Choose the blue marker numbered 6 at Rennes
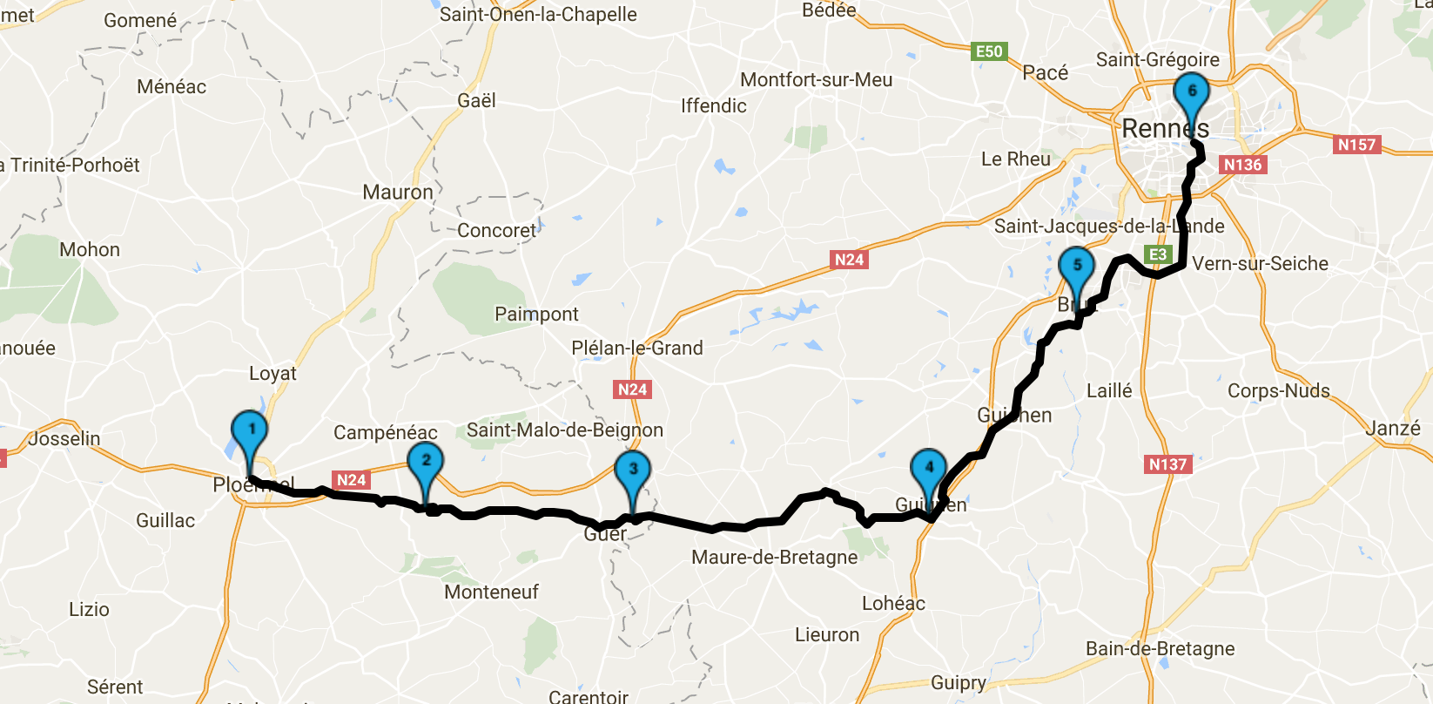[1191, 94]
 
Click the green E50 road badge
[989, 51]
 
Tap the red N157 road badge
[1356, 145]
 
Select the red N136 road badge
[1242, 165]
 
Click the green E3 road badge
[1158, 254]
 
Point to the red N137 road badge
[1167, 464]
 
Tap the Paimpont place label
[536, 314]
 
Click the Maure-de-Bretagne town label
[774, 558]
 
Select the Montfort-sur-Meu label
[816, 80]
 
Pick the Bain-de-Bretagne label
[1160, 648]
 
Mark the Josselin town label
[64, 438]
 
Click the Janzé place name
[1392, 428]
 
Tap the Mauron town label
[398, 192]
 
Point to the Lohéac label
[893, 603]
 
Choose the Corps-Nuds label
[1278, 390]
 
